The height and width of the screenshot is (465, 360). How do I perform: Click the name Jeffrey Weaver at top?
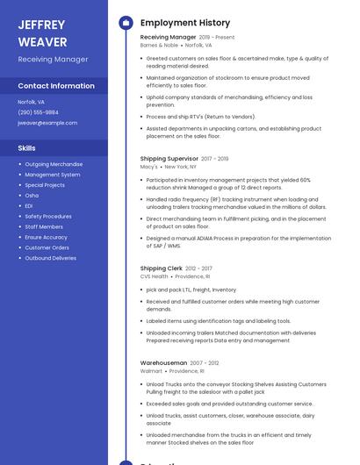[42, 32]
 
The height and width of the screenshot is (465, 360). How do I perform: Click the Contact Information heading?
[56, 86]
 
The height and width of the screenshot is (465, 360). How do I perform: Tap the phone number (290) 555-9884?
[39, 112]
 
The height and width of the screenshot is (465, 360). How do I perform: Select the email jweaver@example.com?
[47, 123]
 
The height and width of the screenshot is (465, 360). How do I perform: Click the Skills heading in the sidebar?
[27, 148]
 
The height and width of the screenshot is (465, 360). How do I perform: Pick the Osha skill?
[32, 196]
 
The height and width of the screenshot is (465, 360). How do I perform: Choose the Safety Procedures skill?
[48, 217]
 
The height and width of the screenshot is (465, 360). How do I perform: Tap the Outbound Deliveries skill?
[51, 259]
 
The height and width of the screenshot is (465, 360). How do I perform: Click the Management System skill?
[53, 175]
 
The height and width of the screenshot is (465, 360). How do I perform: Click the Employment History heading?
[185, 23]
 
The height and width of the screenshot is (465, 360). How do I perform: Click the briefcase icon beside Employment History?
[126, 23]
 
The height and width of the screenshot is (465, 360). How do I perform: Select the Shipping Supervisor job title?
[169, 159]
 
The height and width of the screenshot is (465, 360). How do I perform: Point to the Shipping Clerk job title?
[162, 268]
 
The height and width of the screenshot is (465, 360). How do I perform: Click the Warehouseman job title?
[163, 363]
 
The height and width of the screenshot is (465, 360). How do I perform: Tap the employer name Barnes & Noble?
[159, 45]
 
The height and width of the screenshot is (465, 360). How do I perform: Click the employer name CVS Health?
[154, 276]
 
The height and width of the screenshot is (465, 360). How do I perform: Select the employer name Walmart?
[151, 371]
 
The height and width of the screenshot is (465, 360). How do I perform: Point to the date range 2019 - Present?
[217, 38]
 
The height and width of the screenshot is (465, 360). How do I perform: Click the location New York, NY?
[181, 167]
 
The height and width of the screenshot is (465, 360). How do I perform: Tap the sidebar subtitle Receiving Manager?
[53, 60]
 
